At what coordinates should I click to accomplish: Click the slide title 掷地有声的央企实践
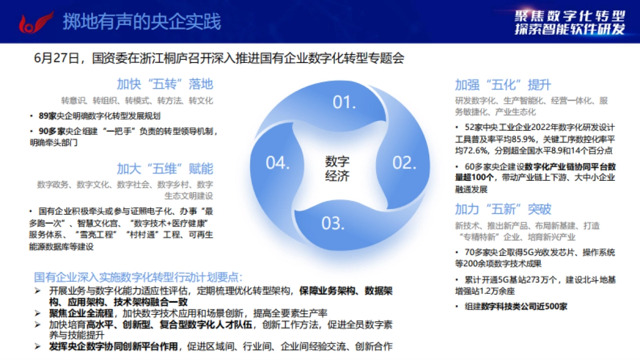(142, 22)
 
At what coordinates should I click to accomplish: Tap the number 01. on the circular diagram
(344, 102)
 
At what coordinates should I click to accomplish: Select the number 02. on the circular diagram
(404, 163)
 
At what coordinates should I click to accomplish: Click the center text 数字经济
(337, 168)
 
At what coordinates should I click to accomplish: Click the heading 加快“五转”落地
(165, 84)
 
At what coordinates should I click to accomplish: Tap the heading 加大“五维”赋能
(165, 169)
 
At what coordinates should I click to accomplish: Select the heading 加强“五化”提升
(502, 85)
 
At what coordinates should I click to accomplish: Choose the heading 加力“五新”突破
(502, 209)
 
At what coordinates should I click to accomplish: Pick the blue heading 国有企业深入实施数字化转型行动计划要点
(138, 278)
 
